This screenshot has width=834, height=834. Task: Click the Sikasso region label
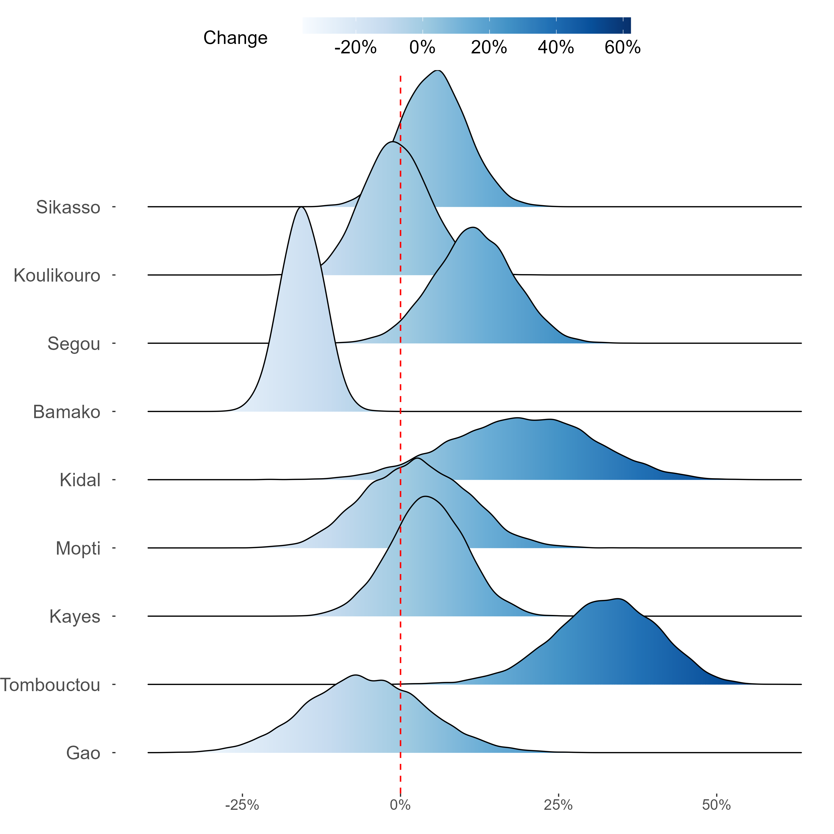(68, 208)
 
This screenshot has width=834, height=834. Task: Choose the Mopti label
(78, 549)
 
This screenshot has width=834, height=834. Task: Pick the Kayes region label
(75, 617)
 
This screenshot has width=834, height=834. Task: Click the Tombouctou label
(50, 685)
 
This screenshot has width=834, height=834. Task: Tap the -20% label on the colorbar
(355, 48)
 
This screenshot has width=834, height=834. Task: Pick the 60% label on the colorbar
(622, 48)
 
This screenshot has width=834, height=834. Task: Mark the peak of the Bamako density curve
(301, 208)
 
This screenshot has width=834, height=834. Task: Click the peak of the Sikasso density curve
(438, 70)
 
